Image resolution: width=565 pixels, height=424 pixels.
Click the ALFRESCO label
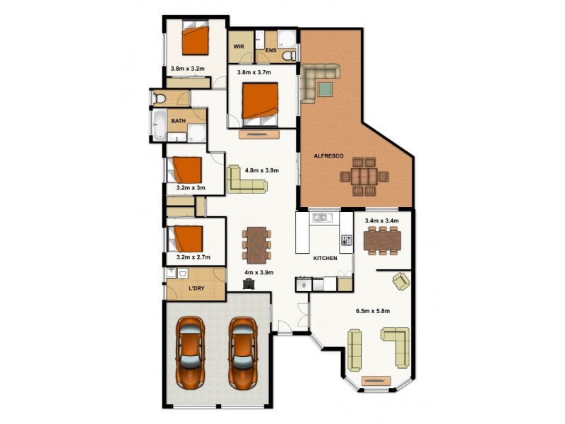click(328, 155)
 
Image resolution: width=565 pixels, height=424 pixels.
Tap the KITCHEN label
click(326, 258)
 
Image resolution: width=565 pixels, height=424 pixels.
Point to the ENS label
click(270, 51)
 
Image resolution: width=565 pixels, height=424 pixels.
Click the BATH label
click(178, 121)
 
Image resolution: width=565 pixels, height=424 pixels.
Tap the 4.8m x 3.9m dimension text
click(262, 170)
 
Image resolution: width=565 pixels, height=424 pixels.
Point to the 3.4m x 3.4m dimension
click(381, 220)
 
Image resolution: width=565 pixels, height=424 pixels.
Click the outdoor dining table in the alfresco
click(364, 176)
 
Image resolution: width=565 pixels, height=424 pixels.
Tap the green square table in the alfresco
click(325, 89)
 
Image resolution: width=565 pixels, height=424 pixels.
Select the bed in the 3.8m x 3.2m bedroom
click(196, 39)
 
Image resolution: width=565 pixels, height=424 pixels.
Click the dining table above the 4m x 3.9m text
click(256, 244)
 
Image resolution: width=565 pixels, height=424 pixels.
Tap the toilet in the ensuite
click(287, 54)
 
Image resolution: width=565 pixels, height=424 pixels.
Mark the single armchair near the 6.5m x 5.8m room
click(400, 281)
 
